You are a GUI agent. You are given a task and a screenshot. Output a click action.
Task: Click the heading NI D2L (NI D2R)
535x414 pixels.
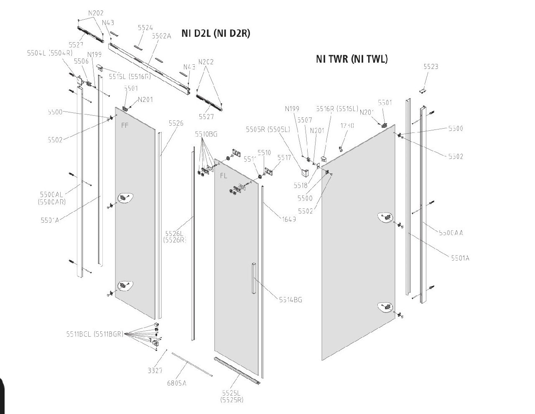pos(216,34)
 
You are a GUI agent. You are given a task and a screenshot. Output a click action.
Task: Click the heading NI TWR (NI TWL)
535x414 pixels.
pos(352,59)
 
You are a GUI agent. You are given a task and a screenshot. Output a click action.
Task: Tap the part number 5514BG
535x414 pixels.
pos(290,300)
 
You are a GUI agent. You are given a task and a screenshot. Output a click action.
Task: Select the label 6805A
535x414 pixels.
pos(176,383)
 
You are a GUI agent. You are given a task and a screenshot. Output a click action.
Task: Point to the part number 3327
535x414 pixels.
pos(155,371)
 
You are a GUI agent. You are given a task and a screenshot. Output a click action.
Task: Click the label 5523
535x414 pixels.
pos(431,66)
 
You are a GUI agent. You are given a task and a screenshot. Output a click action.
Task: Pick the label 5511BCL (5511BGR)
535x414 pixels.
pos(94,334)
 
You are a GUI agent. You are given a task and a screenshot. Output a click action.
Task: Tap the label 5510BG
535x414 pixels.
pos(206,134)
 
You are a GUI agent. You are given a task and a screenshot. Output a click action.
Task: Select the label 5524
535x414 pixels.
pos(145,28)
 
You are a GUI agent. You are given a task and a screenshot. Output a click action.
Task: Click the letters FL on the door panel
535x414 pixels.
pos(224,176)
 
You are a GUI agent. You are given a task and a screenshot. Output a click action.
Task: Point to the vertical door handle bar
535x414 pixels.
pos(253,279)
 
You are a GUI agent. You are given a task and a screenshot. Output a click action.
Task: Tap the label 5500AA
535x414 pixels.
pos(451,233)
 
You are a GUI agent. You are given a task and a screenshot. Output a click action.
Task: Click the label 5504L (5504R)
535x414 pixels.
pos(50,53)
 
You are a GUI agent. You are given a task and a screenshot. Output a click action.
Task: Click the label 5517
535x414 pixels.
pos(284,157)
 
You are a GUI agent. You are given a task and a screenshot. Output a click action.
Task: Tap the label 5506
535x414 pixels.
pos(81,61)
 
